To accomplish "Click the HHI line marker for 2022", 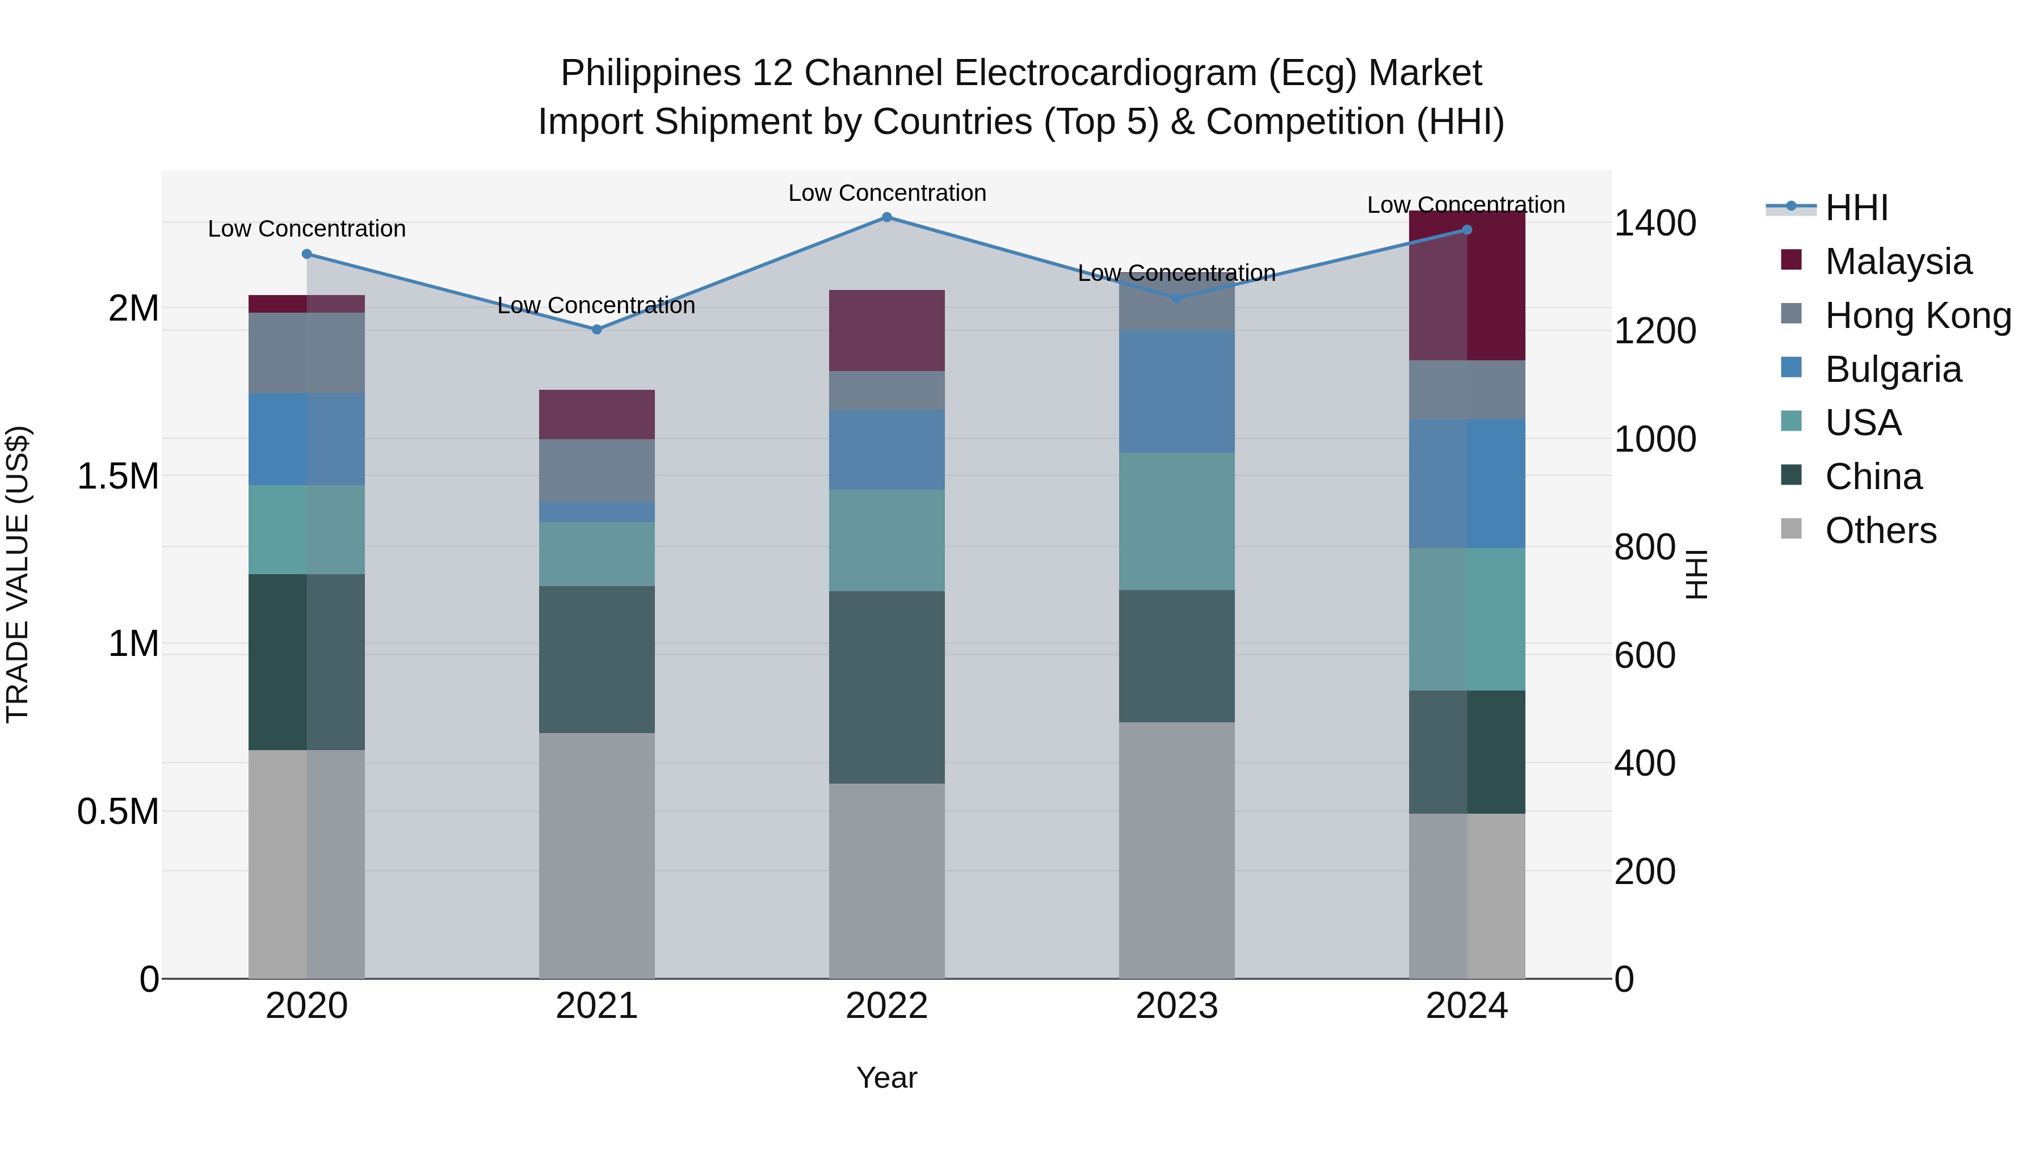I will click(886, 217).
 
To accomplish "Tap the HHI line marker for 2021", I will click(596, 329).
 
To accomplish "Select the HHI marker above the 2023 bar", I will click(1177, 298).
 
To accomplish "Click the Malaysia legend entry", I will click(1897, 262).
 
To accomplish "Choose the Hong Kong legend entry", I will click(1917, 315).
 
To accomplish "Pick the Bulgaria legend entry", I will click(1892, 369).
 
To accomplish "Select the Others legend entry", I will click(1880, 531).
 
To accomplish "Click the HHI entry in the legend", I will click(1855, 208).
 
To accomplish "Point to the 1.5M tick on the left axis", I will click(118, 477).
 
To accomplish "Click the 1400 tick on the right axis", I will click(1654, 224).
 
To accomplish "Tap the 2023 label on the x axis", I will click(1177, 1006).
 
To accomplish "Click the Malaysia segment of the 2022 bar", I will click(886, 331).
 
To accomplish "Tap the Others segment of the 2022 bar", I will click(886, 880).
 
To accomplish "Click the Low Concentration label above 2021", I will click(596, 305).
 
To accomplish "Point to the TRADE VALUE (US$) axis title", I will click(18, 574).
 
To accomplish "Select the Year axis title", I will click(886, 1078).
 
